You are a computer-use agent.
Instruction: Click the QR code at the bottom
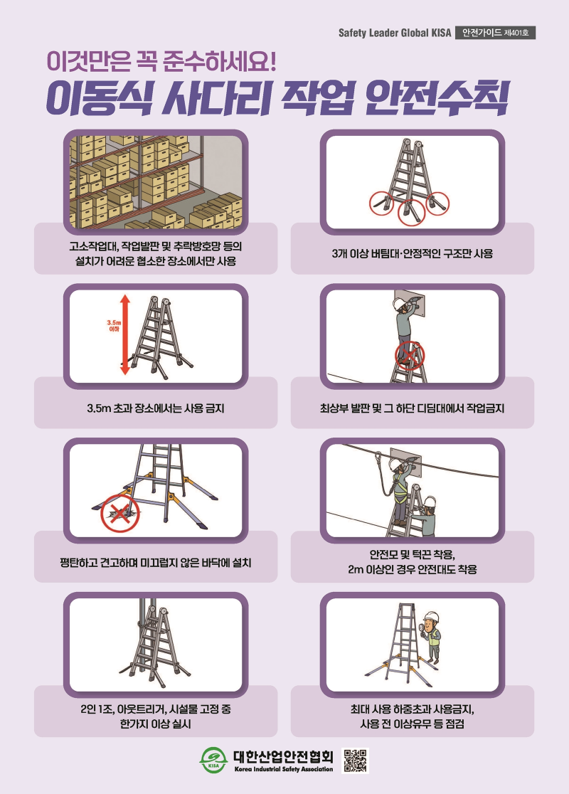point(356,760)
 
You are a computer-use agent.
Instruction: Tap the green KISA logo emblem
point(213,760)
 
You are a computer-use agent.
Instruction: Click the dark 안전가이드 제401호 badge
point(495,33)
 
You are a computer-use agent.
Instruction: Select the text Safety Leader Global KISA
point(394,33)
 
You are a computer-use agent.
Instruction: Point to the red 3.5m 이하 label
point(114,326)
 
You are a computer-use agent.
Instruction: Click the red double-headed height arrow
point(125,336)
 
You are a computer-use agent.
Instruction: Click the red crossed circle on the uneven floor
point(119,514)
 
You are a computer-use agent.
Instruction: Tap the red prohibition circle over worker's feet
point(410,355)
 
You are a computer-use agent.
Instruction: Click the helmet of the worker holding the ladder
point(430,502)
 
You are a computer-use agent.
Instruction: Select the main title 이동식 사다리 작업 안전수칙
point(277,97)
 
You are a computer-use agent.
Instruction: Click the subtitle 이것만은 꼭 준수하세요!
point(161,61)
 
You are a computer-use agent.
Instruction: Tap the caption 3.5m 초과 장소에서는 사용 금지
point(156,408)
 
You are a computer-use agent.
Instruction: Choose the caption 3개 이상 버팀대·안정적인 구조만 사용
point(412,254)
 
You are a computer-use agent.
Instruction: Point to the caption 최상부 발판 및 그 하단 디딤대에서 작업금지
point(412,408)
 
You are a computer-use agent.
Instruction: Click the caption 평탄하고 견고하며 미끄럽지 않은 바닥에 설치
point(156,563)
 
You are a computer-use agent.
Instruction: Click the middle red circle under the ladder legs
point(412,212)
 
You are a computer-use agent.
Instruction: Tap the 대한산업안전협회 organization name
point(284,756)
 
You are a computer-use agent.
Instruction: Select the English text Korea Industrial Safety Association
point(284,769)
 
